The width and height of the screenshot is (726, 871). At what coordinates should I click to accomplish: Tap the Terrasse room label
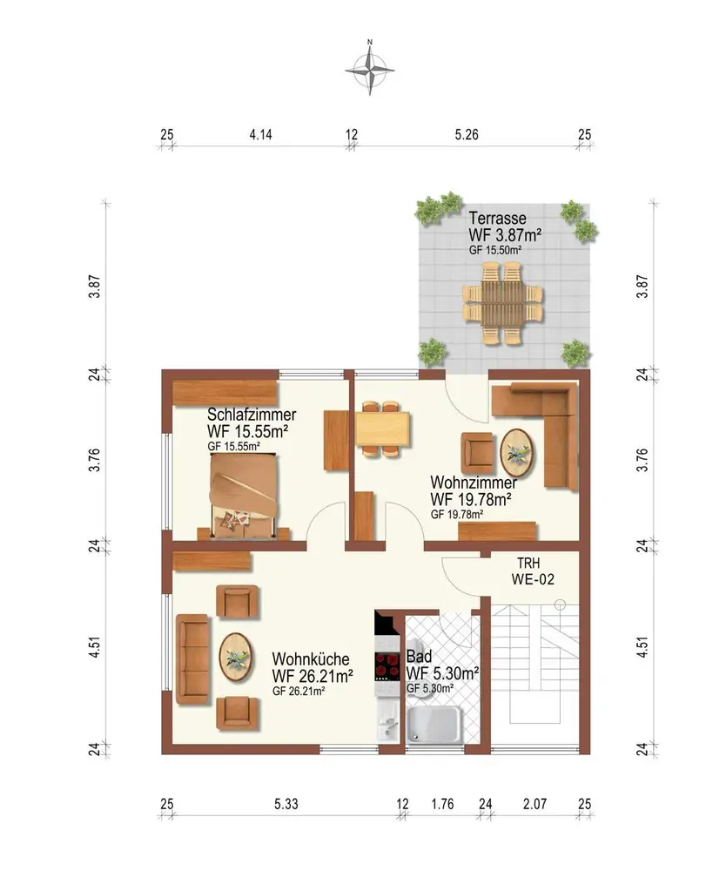[497, 218]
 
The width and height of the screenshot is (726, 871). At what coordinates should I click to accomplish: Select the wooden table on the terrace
[503, 303]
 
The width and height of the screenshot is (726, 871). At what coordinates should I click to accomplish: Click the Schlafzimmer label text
[252, 415]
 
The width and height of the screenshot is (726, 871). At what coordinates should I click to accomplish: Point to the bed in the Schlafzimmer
[243, 496]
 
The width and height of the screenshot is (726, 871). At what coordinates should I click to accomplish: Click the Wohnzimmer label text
[474, 483]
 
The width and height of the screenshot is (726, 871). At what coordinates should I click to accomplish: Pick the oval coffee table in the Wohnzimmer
[517, 453]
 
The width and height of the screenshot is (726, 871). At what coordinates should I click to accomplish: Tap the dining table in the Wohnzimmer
[382, 429]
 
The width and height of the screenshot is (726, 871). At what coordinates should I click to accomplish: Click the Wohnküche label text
[311, 659]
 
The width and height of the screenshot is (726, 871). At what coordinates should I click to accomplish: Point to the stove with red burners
[387, 666]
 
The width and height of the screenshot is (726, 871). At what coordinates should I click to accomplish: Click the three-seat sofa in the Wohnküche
[192, 659]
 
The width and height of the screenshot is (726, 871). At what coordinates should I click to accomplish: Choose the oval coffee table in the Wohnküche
[237, 658]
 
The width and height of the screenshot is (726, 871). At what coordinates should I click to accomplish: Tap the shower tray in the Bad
[434, 725]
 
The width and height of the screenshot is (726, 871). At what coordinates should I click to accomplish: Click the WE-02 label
[533, 579]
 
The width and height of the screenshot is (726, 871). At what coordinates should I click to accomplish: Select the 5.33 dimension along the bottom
[286, 804]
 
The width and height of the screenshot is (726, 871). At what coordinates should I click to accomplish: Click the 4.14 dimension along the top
[260, 134]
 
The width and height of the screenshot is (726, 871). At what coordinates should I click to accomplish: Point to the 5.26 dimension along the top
[467, 134]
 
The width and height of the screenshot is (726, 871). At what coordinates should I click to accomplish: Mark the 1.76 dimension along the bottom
[442, 804]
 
